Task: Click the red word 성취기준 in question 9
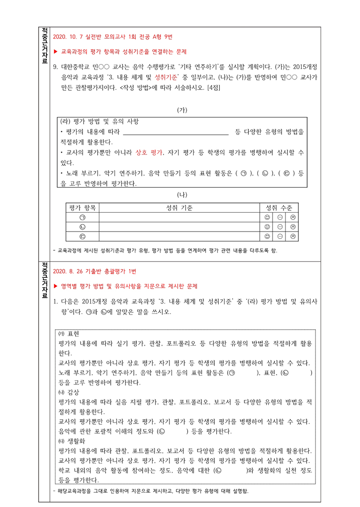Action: tap(167, 78)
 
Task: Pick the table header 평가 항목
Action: tap(82, 208)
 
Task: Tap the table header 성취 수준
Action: tap(279, 208)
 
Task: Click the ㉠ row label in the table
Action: tap(82, 217)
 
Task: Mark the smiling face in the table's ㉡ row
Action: tap(267, 227)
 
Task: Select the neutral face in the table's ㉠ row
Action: tap(280, 217)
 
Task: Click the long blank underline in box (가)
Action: tap(175, 132)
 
